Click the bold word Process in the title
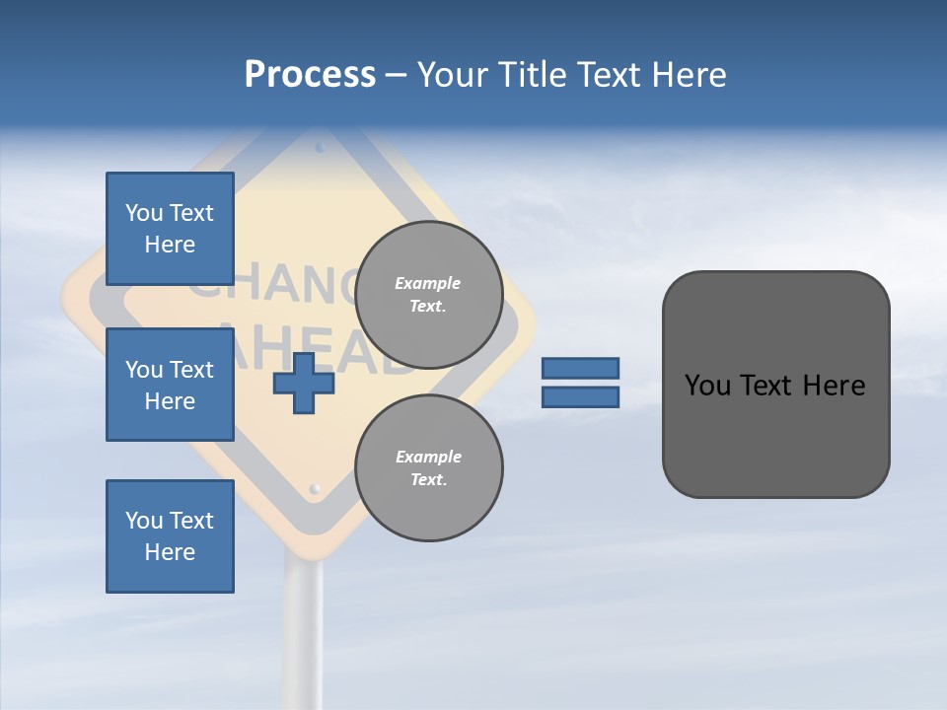[310, 75]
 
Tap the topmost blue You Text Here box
[170, 229]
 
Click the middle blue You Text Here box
[170, 385]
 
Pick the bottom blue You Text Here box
[170, 536]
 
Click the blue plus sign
[304, 383]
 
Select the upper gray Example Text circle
[429, 294]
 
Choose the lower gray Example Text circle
[429, 467]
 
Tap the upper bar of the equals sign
[580, 369]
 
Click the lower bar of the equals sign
[580, 397]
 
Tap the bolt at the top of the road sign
[320, 148]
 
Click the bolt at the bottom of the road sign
[315, 488]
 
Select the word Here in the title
[689, 75]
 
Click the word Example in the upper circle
[427, 283]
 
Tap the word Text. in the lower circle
[428, 480]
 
